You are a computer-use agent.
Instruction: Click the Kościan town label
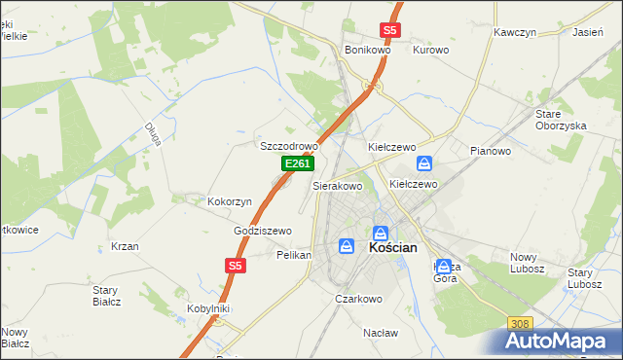click(x=393, y=248)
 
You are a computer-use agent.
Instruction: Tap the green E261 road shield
click(x=297, y=165)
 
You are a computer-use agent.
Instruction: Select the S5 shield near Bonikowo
click(x=389, y=30)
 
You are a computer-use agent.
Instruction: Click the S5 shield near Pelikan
click(x=235, y=265)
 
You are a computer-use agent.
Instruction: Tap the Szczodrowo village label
click(x=289, y=146)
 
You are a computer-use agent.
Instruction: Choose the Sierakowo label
click(x=337, y=185)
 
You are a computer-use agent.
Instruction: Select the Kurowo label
click(x=430, y=50)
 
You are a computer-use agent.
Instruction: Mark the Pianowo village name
click(x=491, y=151)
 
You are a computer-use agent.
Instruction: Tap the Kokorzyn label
click(x=230, y=201)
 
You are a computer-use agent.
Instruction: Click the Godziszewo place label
click(x=263, y=231)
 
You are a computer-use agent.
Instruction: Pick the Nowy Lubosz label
click(x=530, y=263)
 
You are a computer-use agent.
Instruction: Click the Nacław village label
click(x=381, y=332)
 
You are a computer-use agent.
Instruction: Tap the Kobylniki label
click(x=207, y=308)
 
